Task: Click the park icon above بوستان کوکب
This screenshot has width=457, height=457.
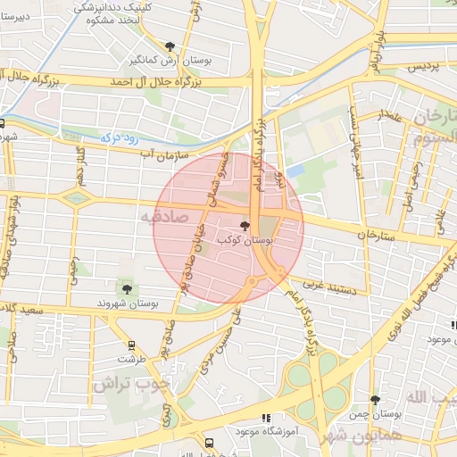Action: (x=245, y=227)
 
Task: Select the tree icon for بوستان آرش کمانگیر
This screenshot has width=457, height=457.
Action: (x=170, y=45)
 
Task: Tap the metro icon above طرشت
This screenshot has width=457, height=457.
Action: (x=131, y=345)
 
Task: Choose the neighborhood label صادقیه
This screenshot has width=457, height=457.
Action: (x=160, y=217)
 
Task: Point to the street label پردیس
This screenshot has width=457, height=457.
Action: (x=424, y=68)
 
